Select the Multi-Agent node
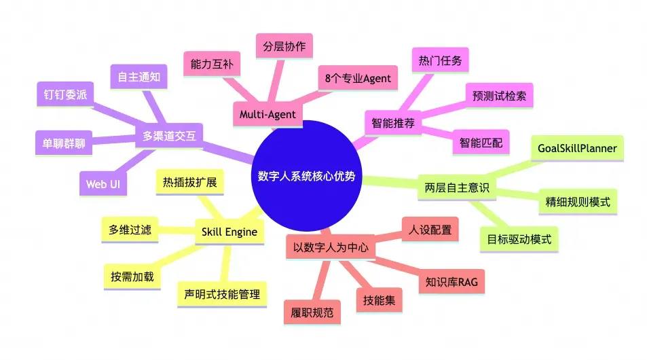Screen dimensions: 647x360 (x=269, y=114)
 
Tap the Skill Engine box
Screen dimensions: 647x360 (x=229, y=232)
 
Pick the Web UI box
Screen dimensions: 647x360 (x=104, y=183)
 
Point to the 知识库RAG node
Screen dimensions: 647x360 (x=446, y=281)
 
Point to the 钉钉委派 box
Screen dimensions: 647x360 (x=64, y=95)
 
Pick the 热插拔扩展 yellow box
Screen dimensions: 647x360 (x=189, y=183)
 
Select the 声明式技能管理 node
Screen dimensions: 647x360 (x=222, y=294)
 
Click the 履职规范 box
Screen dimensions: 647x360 (x=312, y=314)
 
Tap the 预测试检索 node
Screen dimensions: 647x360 (x=499, y=96)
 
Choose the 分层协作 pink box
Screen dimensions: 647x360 (x=284, y=47)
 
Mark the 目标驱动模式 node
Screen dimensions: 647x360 (x=519, y=239)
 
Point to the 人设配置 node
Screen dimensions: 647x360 (x=430, y=230)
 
